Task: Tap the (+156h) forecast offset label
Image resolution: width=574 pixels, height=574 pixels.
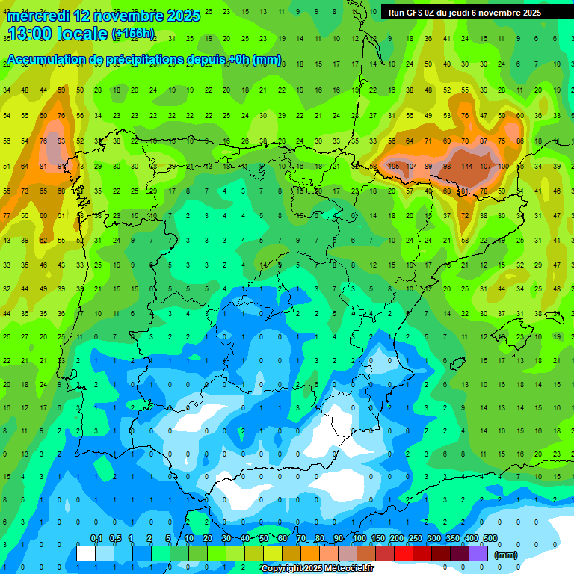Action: (x=133, y=34)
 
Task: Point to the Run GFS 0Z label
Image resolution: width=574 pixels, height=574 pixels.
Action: (x=416, y=13)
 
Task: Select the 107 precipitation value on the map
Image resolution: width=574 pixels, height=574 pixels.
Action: (x=485, y=167)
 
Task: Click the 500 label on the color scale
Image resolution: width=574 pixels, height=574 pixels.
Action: (x=490, y=538)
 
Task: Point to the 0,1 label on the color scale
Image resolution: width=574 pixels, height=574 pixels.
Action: (x=96, y=538)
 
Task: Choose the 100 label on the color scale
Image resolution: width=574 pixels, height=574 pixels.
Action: (x=359, y=538)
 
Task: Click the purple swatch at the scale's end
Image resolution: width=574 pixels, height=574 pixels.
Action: (x=479, y=553)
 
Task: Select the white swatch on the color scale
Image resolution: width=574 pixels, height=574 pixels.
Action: (x=86, y=553)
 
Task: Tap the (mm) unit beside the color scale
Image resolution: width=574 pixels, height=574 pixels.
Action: (x=506, y=555)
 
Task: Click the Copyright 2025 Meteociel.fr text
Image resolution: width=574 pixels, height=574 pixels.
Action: (x=317, y=569)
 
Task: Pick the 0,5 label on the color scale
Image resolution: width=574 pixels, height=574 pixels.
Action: (x=115, y=538)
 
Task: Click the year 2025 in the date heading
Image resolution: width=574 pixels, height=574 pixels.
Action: (x=183, y=16)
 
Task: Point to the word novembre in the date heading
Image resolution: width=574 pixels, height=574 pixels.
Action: (x=128, y=16)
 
